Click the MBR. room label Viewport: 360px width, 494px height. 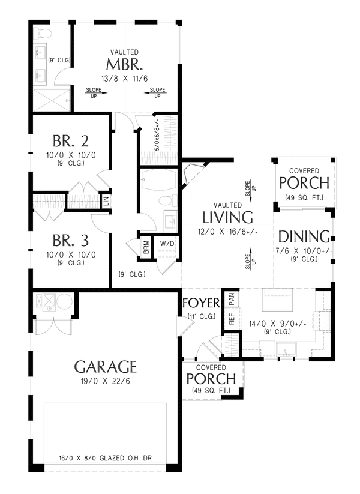[125, 64]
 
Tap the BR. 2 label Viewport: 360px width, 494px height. [71, 142]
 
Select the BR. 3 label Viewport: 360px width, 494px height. [71, 241]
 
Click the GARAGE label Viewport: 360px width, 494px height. [106, 366]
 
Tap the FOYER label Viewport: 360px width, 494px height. [201, 301]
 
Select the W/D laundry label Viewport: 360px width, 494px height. [166, 244]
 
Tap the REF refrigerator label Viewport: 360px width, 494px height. [231, 319]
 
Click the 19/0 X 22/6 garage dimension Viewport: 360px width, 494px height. [106, 380]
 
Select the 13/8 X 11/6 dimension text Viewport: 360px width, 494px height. [125, 77]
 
